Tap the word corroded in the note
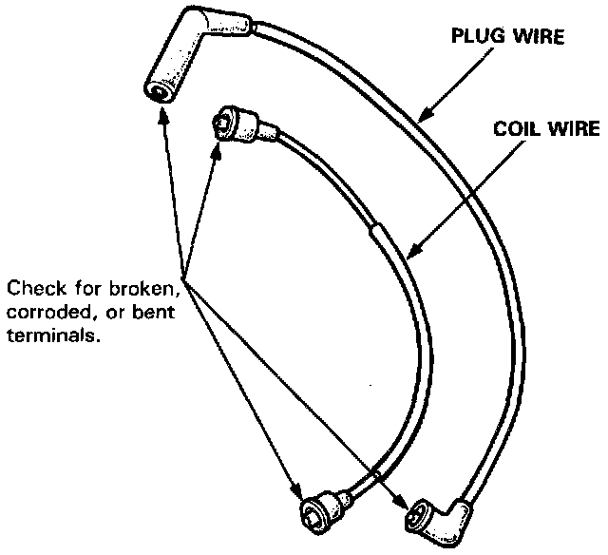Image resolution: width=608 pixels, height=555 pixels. [x=42, y=312]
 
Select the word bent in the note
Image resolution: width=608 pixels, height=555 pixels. [x=156, y=312]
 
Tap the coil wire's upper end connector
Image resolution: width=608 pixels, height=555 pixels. [x=237, y=122]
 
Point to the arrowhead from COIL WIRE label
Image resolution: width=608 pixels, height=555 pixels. [x=409, y=253]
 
